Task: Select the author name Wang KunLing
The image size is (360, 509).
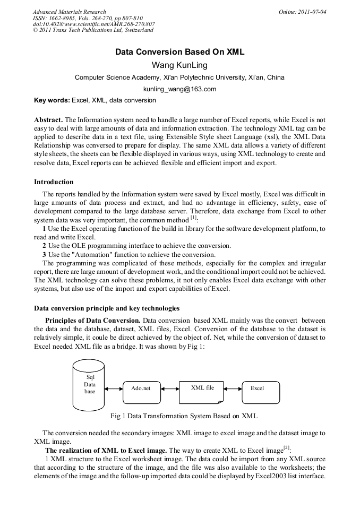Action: (x=179, y=65)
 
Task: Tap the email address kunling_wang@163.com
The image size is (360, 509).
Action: (x=179, y=89)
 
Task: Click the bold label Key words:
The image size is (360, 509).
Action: (x=52, y=100)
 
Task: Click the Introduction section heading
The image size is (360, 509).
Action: (x=54, y=182)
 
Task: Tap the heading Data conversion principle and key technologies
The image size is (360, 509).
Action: (x=107, y=308)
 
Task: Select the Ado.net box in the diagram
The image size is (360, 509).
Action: (x=141, y=389)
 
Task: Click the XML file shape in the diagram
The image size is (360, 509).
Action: (x=202, y=389)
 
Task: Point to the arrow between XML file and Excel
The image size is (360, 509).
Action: (x=233, y=389)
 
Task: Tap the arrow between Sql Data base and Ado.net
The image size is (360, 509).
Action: (x=114, y=389)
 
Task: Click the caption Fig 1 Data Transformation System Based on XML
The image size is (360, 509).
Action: (x=184, y=416)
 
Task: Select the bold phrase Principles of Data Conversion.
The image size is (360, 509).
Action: (x=93, y=321)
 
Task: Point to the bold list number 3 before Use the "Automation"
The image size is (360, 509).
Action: (x=45, y=254)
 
